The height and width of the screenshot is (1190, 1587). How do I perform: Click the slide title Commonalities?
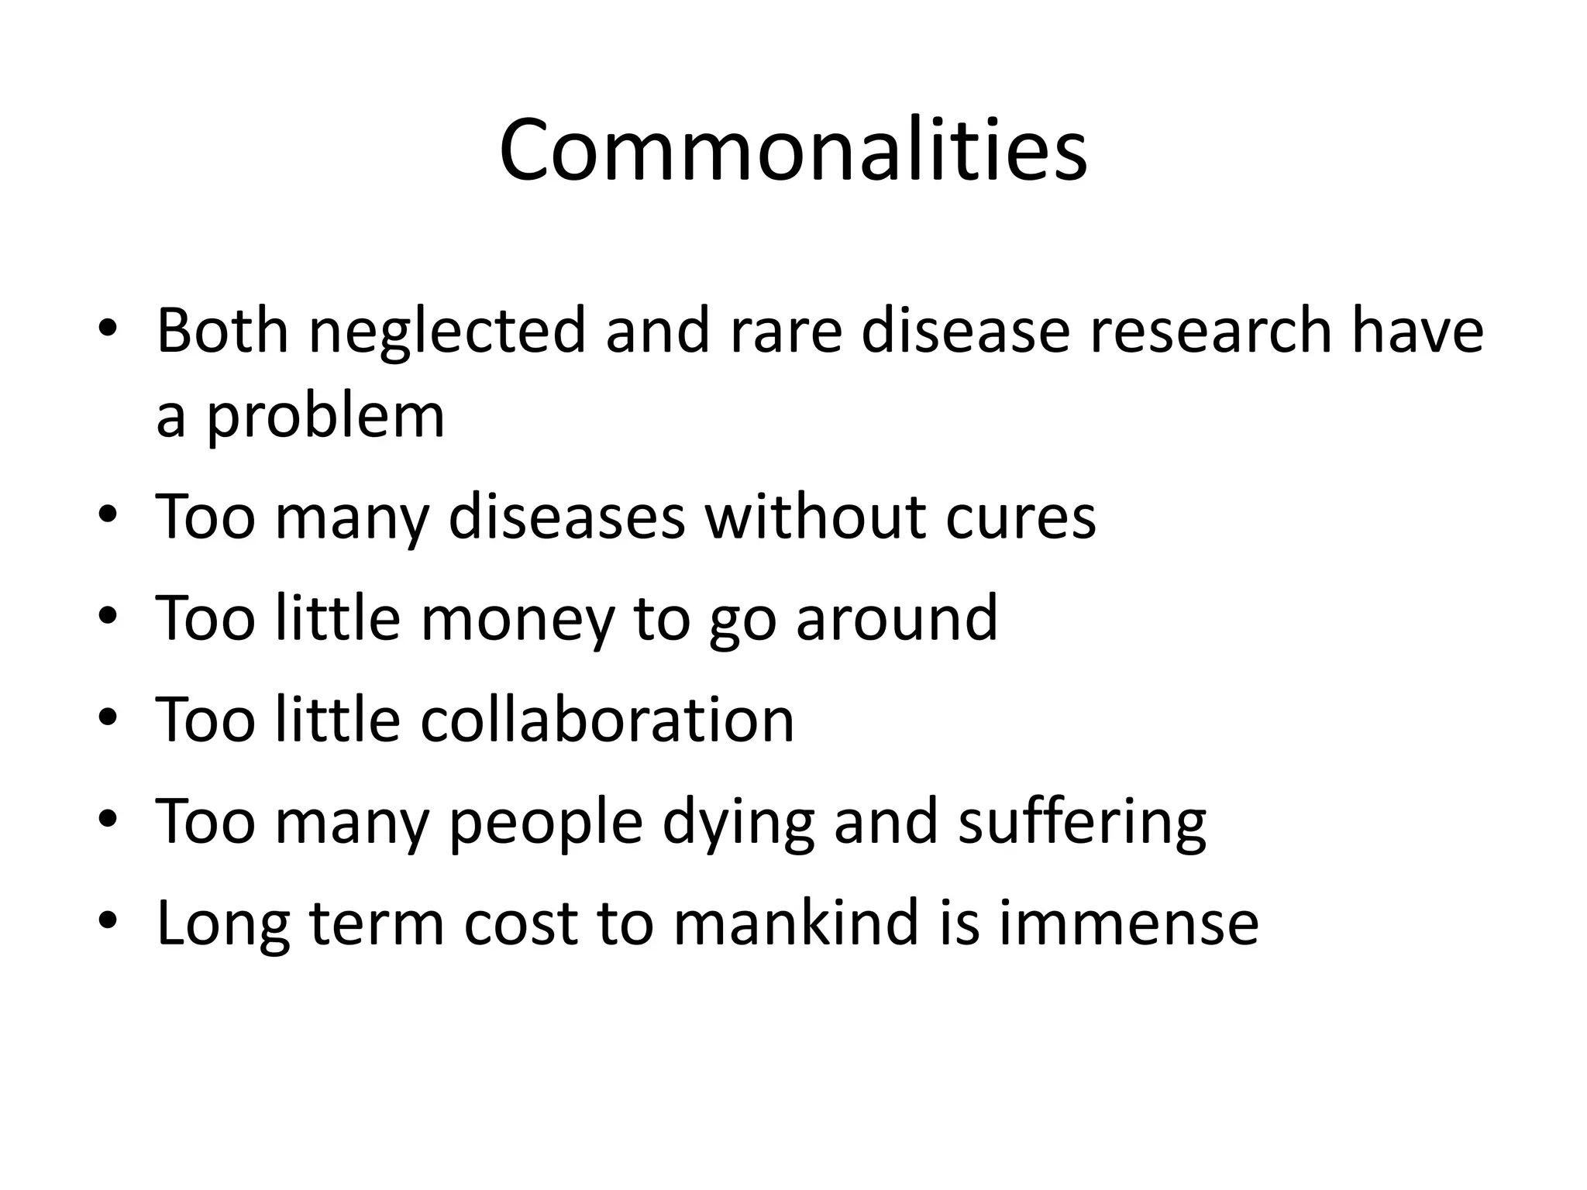pos(793,150)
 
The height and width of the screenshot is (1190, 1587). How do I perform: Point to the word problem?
pos(325,417)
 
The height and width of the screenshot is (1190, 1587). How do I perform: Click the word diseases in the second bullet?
pos(566,517)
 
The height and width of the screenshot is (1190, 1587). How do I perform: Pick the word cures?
pos(1020,517)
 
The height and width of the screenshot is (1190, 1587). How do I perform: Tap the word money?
pos(517,618)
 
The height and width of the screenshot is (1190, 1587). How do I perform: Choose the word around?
pos(897,618)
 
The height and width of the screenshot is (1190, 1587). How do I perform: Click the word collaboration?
pos(607,720)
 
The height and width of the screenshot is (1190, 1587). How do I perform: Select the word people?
pos(546,822)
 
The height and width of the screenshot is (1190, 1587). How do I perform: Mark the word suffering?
pos(1082,822)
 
